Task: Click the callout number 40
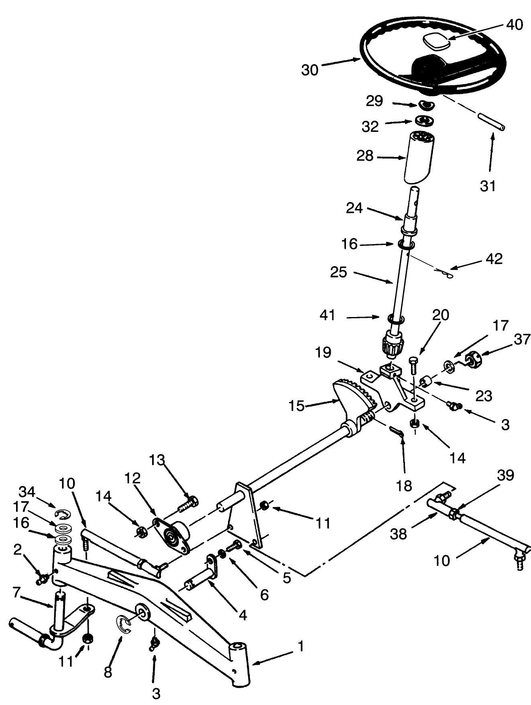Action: [x=514, y=24]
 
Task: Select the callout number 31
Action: [x=488, y=186]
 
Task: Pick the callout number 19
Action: [x=323, y=352]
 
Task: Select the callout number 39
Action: [x=505, y=475]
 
